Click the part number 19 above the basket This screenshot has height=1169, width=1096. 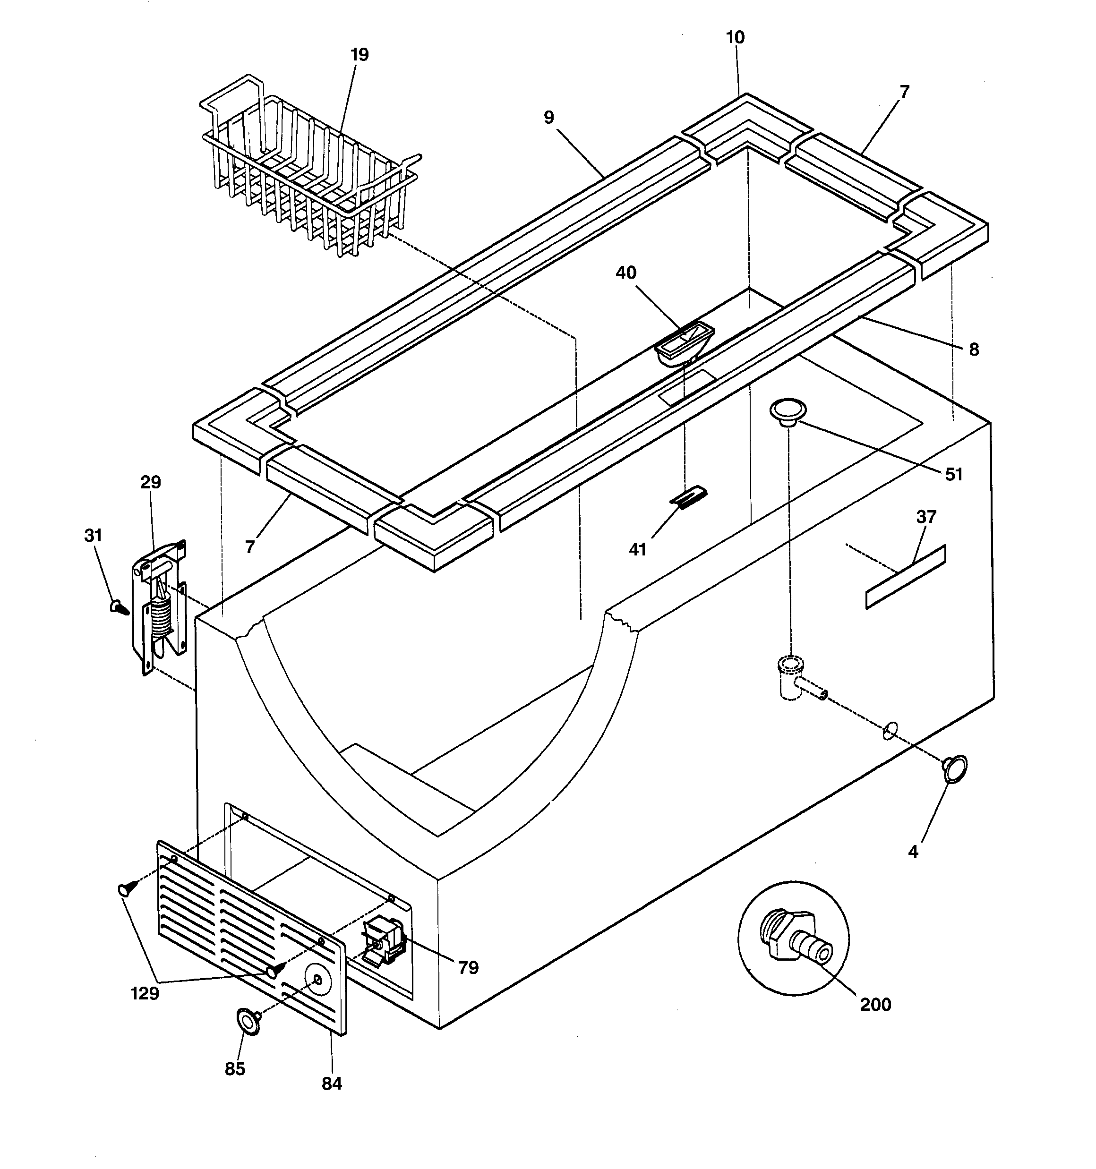tap(359, 55)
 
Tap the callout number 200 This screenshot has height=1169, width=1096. tap(875, 1004)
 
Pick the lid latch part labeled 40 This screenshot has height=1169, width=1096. tap(684, 342)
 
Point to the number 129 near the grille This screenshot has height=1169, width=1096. tap(144, 993)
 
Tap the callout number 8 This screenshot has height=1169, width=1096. tap(974, 350)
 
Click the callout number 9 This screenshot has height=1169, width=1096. tap(548, 118)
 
